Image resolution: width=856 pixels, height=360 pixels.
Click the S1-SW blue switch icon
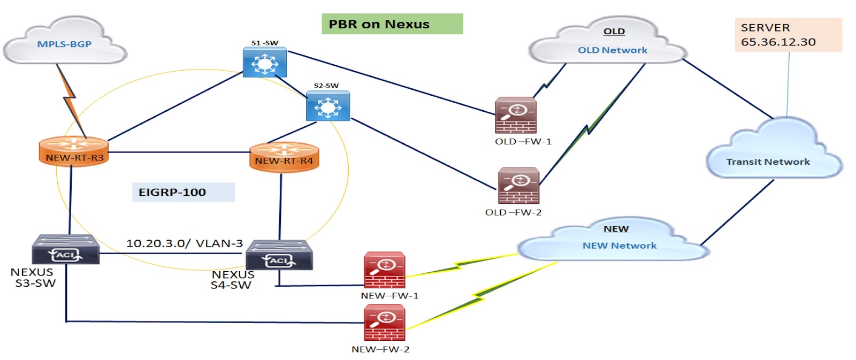[264, 63]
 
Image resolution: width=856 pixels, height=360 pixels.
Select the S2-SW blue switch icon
[327, 106]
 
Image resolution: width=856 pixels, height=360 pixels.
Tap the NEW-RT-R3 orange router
[74, 151]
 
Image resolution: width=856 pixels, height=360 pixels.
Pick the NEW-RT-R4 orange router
[284, 157]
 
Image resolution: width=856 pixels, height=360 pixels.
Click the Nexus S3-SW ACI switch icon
[65, 250]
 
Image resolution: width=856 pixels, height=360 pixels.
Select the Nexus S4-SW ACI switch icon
[279, 255]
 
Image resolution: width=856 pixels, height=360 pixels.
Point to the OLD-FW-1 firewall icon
[516, 115]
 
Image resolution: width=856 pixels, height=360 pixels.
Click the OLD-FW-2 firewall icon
[518, 186]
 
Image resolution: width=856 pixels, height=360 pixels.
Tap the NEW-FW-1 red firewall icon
[384, 270]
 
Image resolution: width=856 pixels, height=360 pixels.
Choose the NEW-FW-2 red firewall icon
[384, 323]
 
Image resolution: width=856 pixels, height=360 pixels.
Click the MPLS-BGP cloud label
[64, 44]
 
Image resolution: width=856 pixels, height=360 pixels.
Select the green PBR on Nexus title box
[392, 24]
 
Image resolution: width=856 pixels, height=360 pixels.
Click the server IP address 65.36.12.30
[778, 42]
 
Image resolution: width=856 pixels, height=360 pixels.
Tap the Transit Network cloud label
[768, 162]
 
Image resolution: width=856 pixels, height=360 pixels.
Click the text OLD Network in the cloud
[612, 50]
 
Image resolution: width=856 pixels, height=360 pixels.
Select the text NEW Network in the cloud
[619, 246]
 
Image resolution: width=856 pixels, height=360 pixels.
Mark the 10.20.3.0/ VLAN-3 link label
[184, 243]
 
